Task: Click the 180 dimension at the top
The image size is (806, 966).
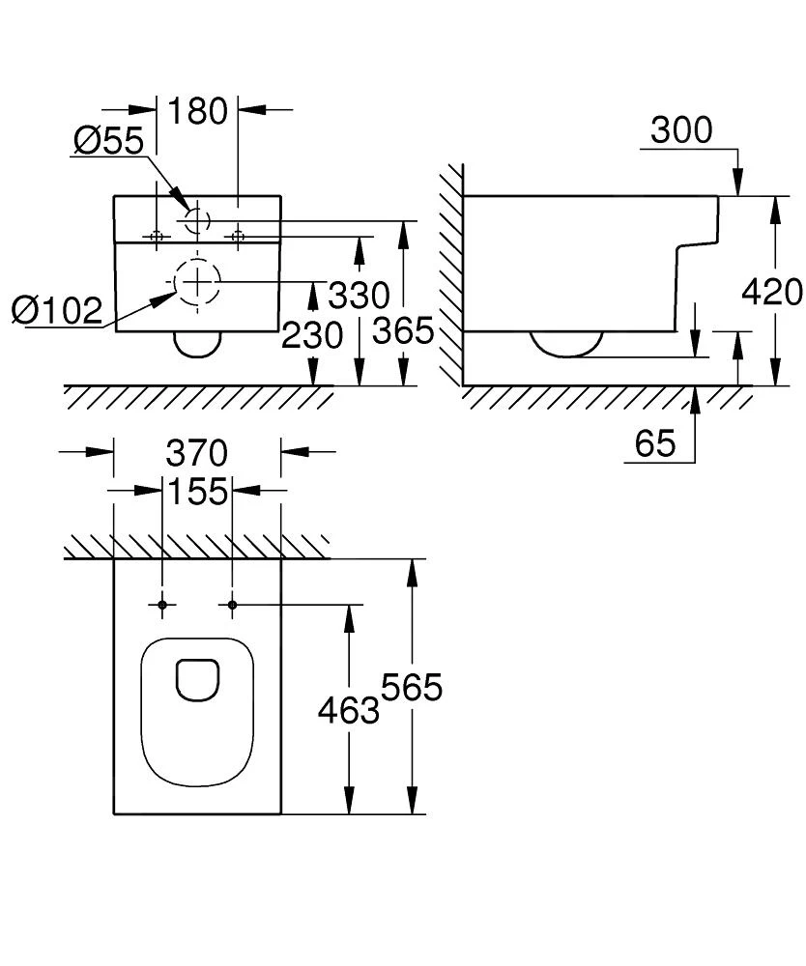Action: click(197, 111)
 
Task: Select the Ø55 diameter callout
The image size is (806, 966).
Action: click(107, 141)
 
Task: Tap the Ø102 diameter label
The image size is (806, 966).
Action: click(57, 311)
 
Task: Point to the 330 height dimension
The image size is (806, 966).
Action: click(358, 295)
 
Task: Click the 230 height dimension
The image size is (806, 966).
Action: click(312, 336)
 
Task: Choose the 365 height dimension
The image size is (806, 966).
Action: click(403, 331)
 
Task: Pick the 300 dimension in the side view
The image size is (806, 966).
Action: click(680, 129)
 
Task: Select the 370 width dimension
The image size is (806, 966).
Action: click(197, 452)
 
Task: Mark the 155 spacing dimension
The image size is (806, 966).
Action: click(197, 491)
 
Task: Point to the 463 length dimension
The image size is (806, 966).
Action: click(348, 711)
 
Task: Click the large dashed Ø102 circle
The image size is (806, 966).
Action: click(197, 282)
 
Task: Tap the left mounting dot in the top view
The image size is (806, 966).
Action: click(162, 605)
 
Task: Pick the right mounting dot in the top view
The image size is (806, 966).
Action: click(232, 605)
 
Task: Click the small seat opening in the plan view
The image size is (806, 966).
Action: click(197, 679)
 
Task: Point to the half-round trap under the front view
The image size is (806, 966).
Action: click(197, 343)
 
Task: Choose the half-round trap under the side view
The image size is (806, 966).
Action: click(567, 342)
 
